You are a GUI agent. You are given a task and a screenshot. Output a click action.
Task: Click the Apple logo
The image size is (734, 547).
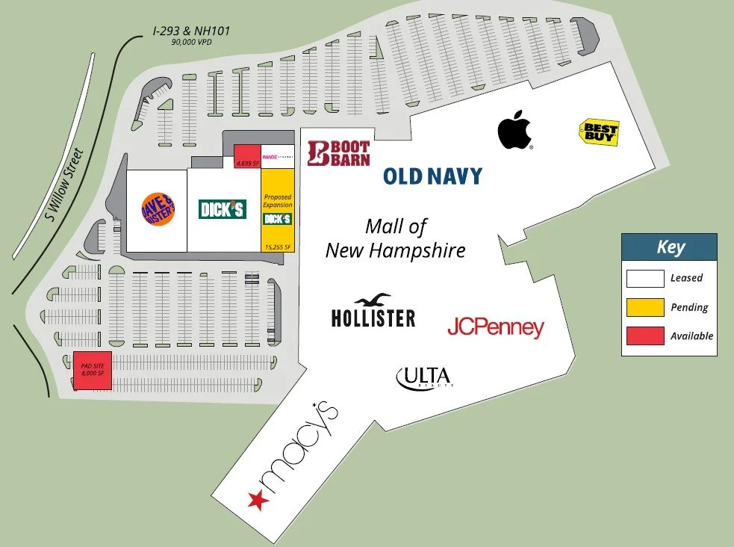pos(515,129)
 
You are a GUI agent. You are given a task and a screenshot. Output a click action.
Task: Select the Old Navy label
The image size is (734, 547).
pos(432,176)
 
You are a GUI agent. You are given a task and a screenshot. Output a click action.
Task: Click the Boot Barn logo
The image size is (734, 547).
pos(338,152)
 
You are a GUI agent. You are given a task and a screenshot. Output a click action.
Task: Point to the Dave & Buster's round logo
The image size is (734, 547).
pos(158,208)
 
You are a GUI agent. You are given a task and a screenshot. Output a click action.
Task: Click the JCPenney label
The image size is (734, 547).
pos(495,327)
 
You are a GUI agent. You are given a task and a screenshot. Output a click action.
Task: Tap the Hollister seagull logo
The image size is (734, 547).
pos(373,300)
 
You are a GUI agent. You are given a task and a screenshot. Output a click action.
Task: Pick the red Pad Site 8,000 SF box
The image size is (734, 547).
pos(92,370)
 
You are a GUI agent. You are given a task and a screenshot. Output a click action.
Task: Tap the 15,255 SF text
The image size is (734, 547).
pos(277,246)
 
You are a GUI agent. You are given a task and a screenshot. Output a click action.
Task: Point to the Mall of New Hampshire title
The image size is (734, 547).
pos(395,238)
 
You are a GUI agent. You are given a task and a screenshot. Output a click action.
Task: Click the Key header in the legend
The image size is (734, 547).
pos(670,247)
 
